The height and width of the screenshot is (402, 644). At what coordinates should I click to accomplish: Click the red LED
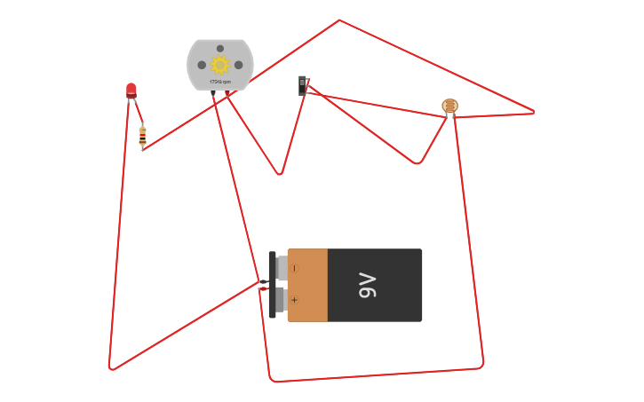coord(131,90)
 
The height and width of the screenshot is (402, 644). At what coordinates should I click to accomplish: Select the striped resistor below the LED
coord(142,136)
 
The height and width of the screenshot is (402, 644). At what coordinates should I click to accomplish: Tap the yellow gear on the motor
coord(219,65)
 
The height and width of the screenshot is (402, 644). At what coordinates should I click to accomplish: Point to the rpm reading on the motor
coord(220,82)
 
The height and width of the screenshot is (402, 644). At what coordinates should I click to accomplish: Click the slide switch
coord(302,85)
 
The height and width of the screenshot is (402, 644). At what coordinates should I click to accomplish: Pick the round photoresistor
coord(450,106)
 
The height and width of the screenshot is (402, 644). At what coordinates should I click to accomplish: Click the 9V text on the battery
coord(367,285)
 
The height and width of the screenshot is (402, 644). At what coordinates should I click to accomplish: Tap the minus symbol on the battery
coord(295,268)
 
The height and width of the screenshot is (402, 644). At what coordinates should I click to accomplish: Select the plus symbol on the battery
coord(295,300)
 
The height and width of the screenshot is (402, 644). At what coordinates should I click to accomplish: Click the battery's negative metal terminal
coord(282,268)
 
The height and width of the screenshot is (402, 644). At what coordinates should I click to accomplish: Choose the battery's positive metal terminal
coord(281,300)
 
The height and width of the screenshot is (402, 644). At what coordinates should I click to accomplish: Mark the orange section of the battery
coord(307,285)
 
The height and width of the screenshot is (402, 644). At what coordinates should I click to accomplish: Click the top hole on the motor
coord(220,49)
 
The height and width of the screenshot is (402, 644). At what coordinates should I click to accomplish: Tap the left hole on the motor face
coord(202,65)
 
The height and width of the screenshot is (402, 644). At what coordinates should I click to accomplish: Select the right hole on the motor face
coord(238,65)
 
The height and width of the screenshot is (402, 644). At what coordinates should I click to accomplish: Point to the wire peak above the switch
coord(339,20)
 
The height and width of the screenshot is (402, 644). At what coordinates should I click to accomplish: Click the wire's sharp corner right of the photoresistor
coord(534,113)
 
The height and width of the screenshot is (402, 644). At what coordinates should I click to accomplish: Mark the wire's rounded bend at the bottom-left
coord(112,367)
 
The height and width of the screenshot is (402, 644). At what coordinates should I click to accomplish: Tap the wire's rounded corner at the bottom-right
coord(481,363)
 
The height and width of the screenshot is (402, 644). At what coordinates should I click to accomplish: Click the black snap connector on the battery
coord(272,285)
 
